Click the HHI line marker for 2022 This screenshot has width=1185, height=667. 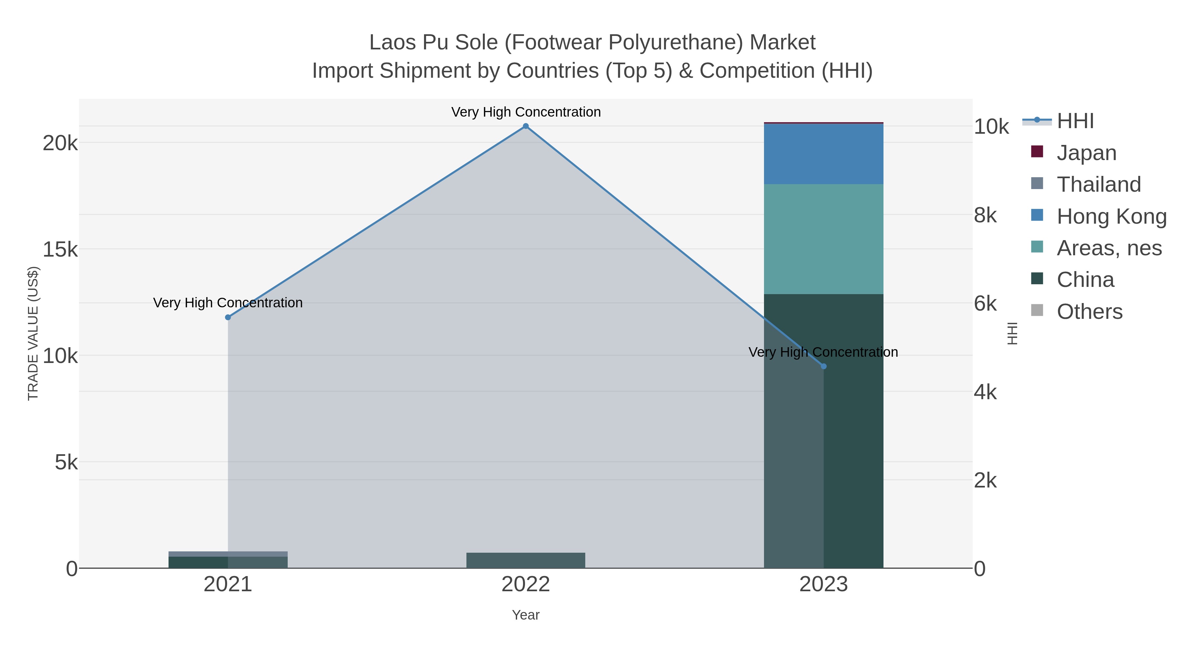(526, 126)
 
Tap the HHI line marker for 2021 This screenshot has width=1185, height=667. (228, 317)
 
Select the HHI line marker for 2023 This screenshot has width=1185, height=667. (824, 366)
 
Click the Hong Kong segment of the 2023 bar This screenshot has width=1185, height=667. (824, 154)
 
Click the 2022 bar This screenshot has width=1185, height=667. (526, 560)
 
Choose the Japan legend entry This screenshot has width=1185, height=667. (1086, 153)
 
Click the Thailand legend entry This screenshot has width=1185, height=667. (1098, 184)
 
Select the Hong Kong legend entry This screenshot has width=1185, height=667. (1111, 216)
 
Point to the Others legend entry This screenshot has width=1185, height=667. (1089, 312)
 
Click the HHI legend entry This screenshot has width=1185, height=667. (1075, 121)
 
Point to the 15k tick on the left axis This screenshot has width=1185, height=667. (60, 249)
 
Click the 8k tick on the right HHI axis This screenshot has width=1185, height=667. (985, 215)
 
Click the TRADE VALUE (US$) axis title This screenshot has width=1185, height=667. (33, 333)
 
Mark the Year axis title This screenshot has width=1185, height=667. (526, 615)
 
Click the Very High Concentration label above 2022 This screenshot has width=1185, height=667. (526, 112)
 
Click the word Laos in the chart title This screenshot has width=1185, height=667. (392, 43)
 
